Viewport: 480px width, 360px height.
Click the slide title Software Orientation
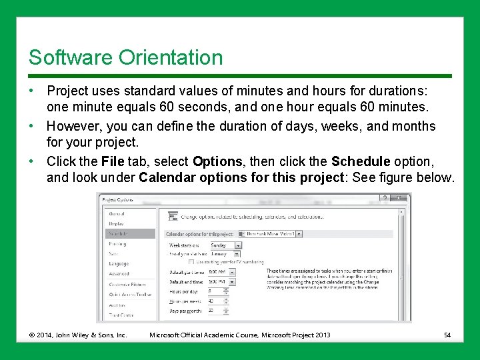125,58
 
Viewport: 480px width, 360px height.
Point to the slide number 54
448,335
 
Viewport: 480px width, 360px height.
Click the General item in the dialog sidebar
117,214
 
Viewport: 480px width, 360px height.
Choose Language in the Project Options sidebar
119,264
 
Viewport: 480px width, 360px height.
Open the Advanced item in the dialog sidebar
119,274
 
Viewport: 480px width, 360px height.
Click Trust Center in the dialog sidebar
121,315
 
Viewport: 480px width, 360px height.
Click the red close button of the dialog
399,198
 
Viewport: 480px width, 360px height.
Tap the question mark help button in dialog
384,198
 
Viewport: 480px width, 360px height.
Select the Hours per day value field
217,291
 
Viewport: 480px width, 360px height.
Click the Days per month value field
217,311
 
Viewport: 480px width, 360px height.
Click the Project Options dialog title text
119,198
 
